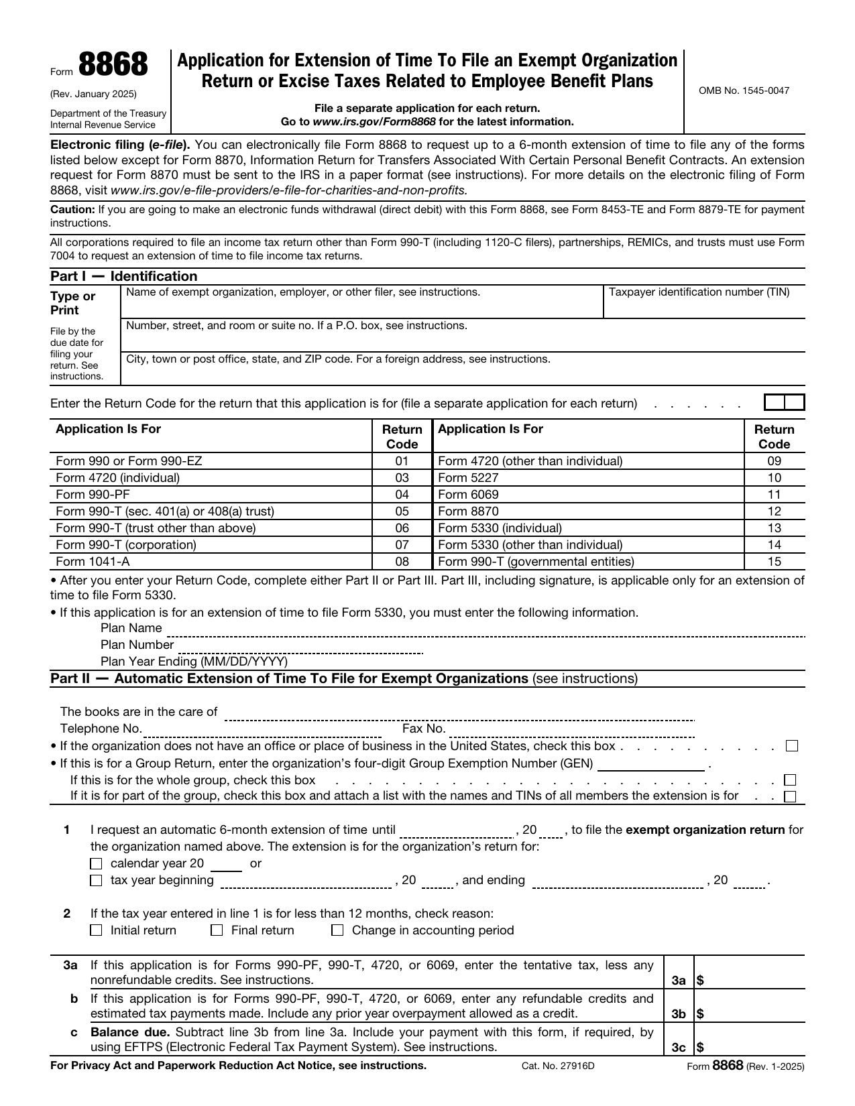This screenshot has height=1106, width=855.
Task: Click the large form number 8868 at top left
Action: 113,66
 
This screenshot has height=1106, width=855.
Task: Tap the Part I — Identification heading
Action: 124,276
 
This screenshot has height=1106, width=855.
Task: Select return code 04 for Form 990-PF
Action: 402,495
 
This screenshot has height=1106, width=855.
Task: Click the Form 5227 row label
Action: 468,478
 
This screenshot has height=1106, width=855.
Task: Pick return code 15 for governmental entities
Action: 774,562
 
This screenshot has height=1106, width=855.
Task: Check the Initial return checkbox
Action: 97,930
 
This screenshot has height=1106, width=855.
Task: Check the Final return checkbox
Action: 217,930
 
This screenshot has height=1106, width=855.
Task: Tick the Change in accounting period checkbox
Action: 338,930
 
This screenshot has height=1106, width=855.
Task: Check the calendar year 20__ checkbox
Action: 97,864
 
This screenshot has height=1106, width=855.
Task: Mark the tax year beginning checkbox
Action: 97,881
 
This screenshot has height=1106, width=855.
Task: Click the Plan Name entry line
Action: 483,630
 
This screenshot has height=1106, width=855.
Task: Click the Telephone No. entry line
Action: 262,730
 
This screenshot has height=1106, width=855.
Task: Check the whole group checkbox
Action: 791,780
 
